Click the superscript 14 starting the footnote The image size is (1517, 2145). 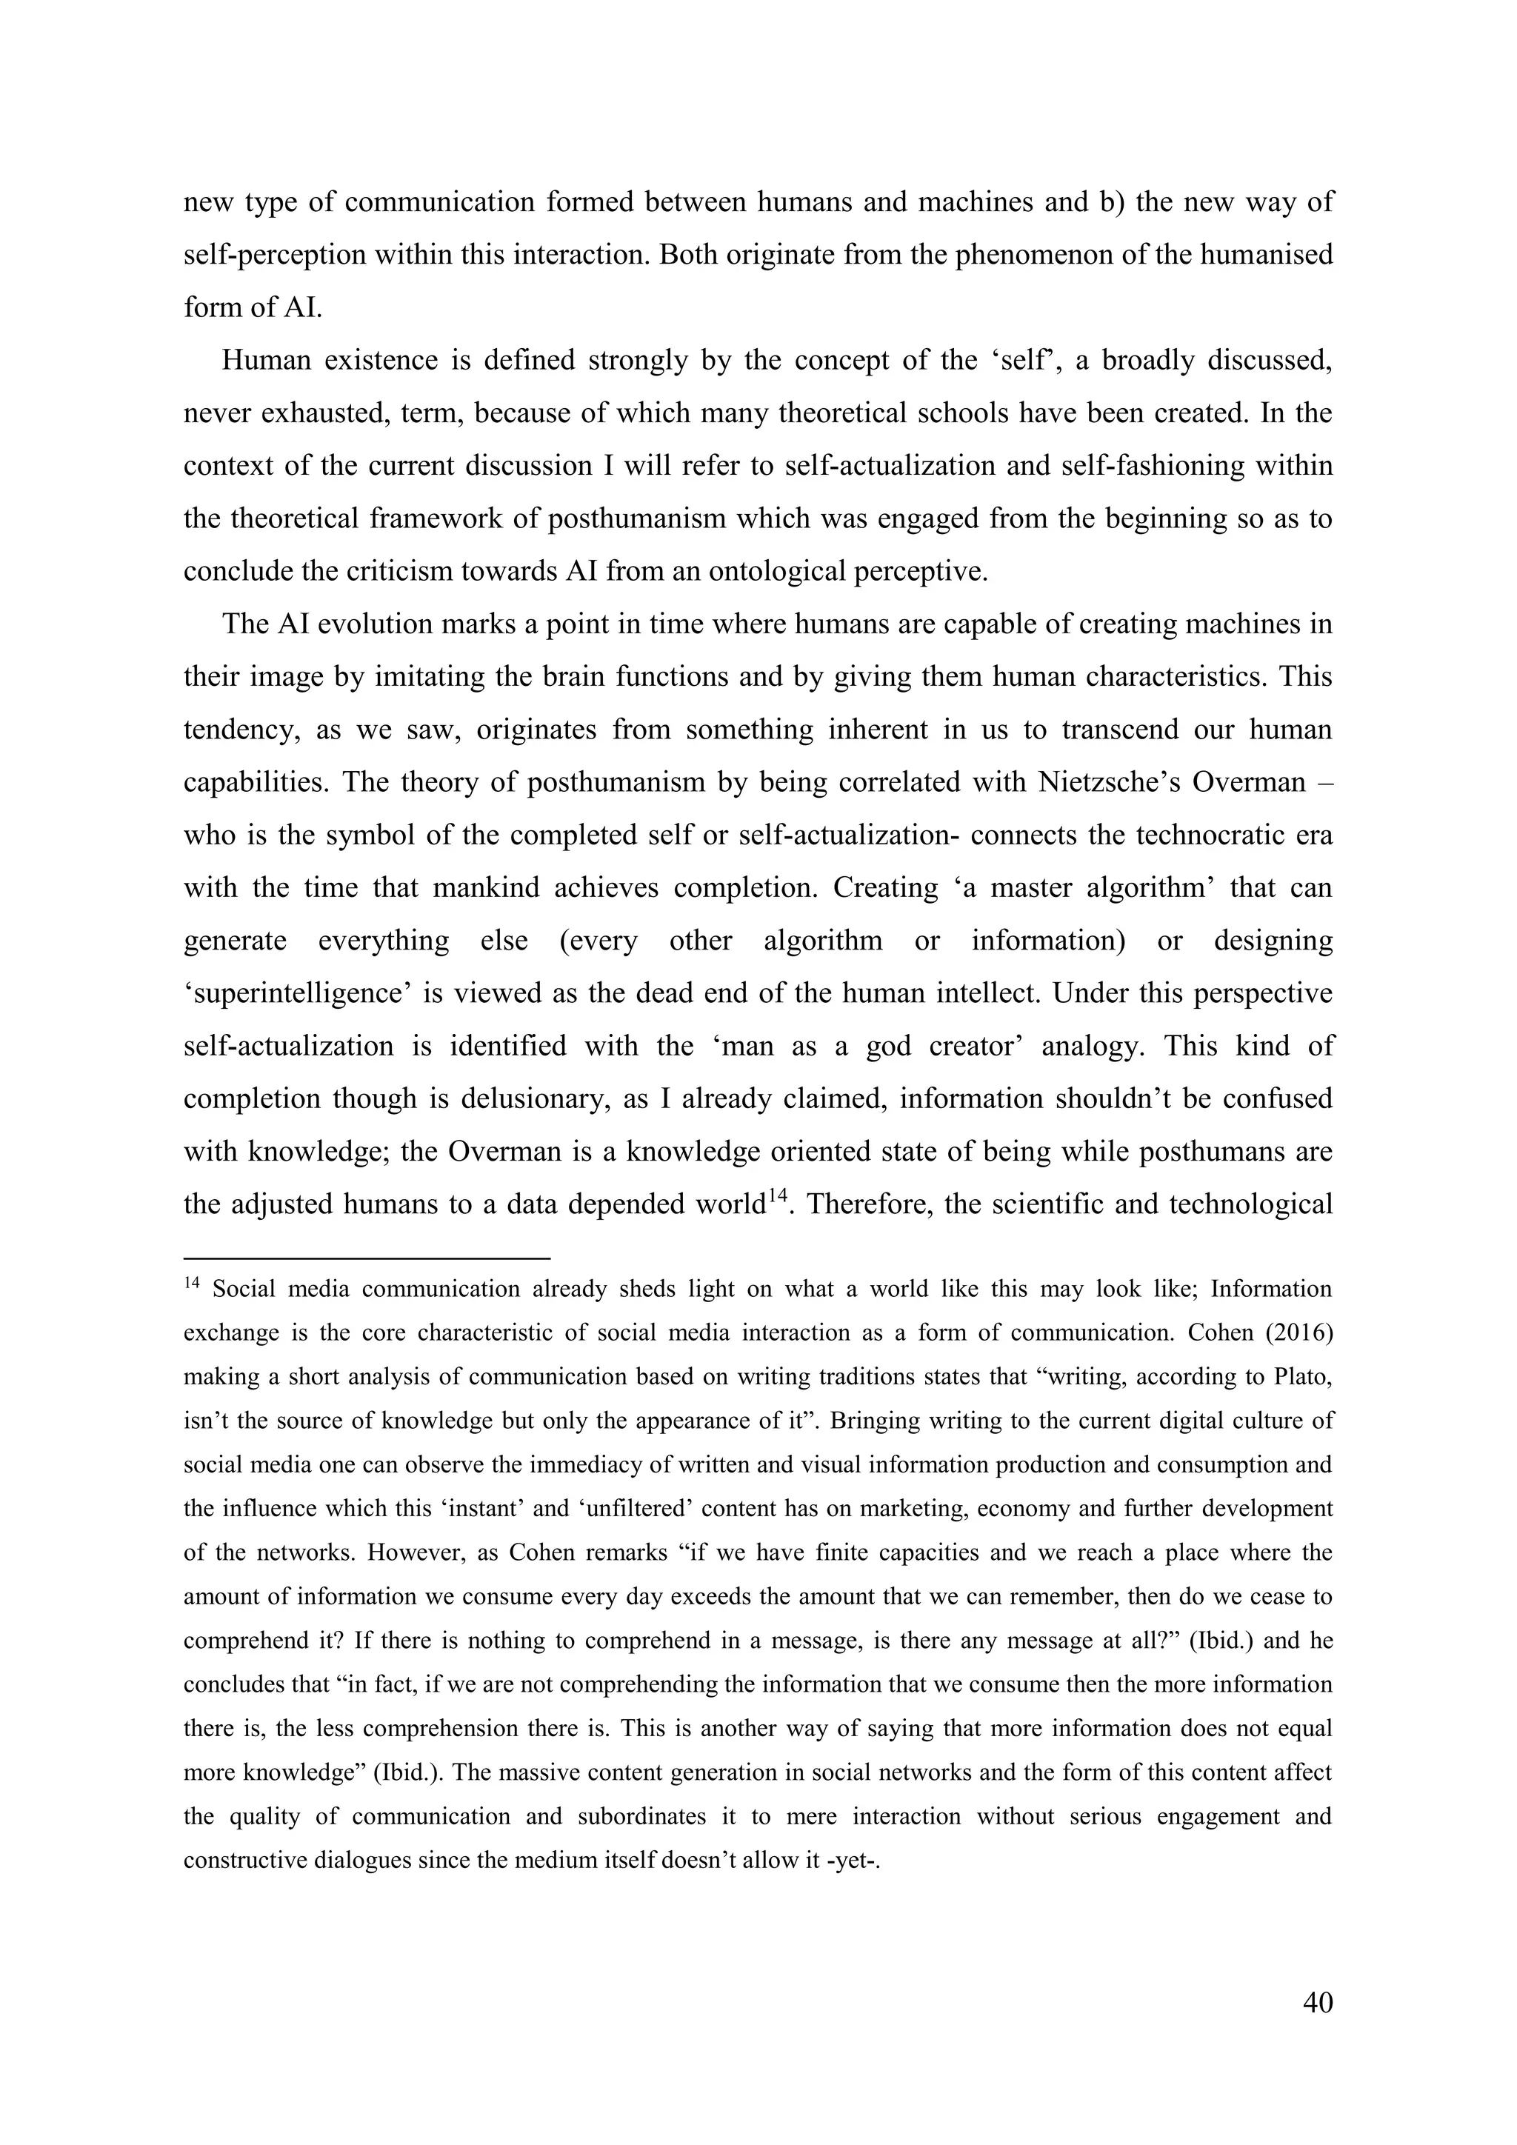click(x=192, y=1284)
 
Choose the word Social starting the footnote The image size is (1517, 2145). click(x=244, y=1290)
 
